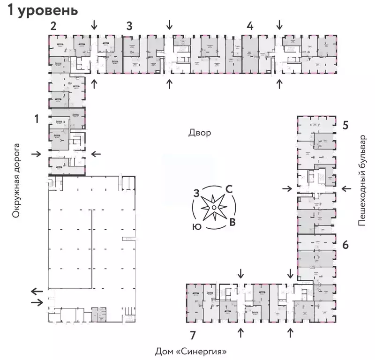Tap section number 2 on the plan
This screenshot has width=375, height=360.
[x=54, y=26]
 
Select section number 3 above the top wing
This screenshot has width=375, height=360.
[x=129, y=26]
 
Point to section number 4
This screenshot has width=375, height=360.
[x=250, y=26]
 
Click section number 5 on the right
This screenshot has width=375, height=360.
[x=345, y=125]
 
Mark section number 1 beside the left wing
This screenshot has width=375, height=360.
[x=36, y=120]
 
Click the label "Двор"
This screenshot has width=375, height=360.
[x=200, y=133]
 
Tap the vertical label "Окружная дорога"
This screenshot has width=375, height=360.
[x=17, y=180]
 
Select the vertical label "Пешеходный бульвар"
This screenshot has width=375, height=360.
[x=361, y=180]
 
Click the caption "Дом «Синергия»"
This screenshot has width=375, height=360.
[x=194, y=351]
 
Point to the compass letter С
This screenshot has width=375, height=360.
[x=229, y=189]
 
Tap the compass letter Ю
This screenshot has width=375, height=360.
[x=197, y=226]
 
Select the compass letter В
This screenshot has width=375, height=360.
[x=232, y=222]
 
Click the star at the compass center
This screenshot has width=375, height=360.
[x=214, y=208]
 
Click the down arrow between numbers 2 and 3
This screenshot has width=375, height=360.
[x=95, y=24]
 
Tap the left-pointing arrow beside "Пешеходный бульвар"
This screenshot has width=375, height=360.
[x=346, y=188]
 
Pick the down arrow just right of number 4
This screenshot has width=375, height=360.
[x=280, y=24]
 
